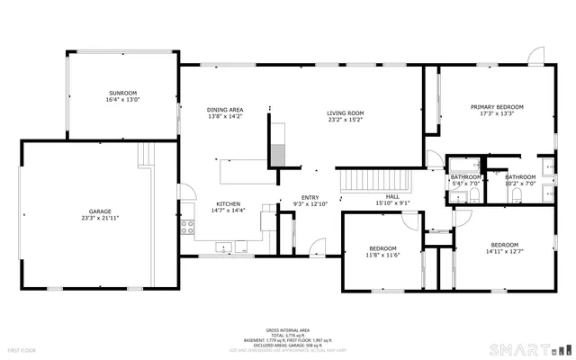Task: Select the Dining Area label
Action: pos(225,110)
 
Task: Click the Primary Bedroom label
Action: pos(497,107)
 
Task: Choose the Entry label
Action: pos(310,198)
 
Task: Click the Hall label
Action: pos(392,197)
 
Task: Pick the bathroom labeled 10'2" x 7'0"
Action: pos(520,177)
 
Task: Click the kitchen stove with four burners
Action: pos(188,226)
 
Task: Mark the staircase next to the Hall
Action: pos(373,181)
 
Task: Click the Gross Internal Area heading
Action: pos(287,330)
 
